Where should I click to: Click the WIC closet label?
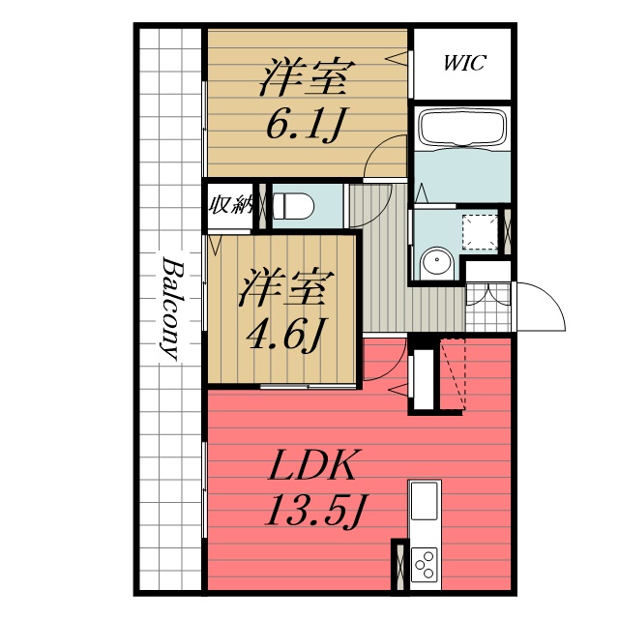[464, 64]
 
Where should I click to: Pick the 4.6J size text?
[284, 334]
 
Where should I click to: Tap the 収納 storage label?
[230, 205]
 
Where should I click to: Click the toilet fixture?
[292, 206]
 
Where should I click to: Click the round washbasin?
[436, 261]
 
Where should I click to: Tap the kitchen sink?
[424, 502]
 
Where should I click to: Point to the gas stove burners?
[424, 563]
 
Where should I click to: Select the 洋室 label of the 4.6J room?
[286, 289]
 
